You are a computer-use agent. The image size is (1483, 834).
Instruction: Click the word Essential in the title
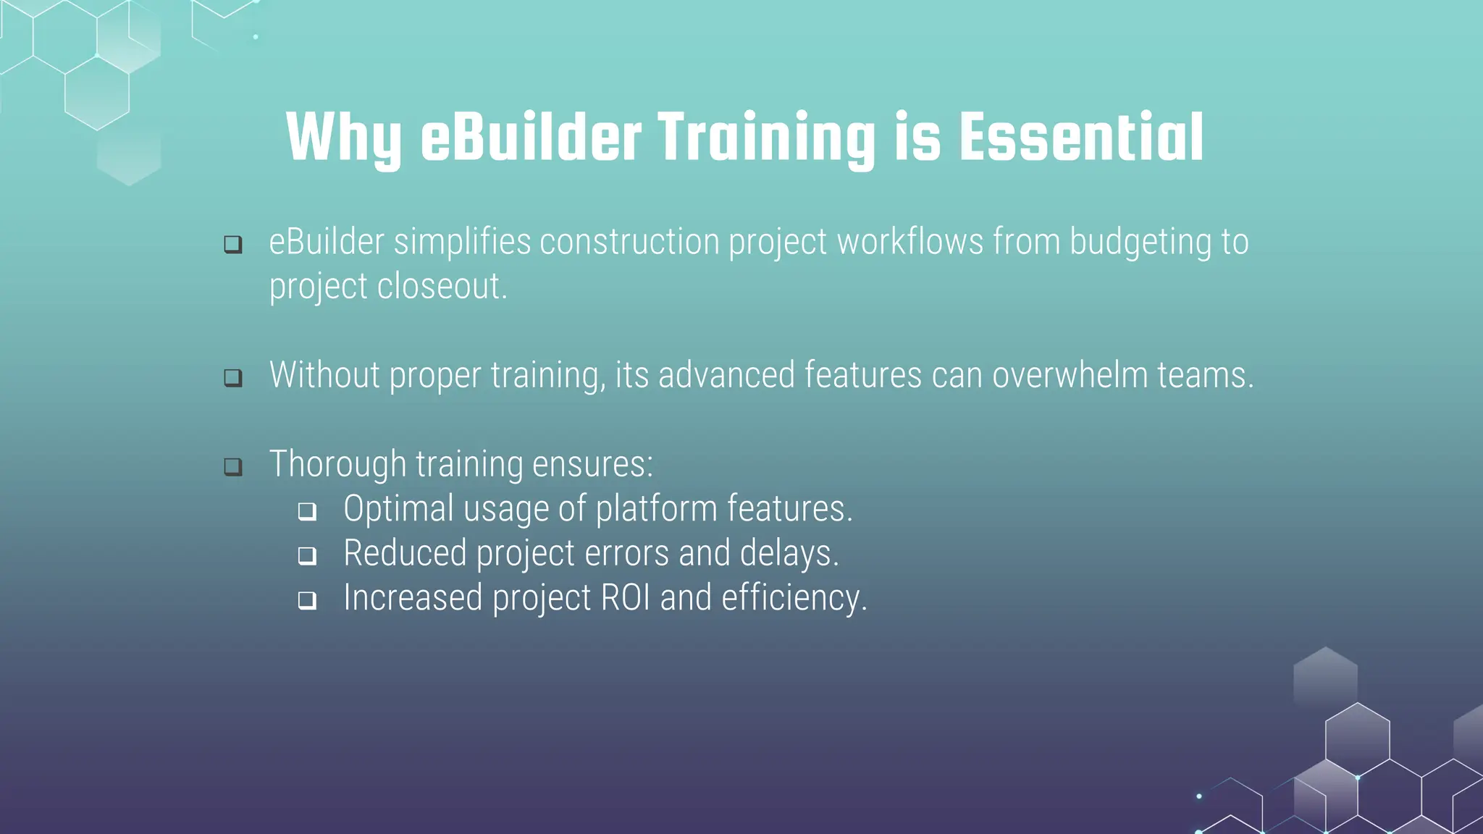click(x=1081, y=138)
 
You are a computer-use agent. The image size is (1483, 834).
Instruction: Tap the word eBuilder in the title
click(x=531, y=138)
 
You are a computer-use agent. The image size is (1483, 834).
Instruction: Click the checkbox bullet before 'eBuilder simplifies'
click(x=233, y=244)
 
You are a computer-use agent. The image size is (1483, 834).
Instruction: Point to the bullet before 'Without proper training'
click(x=233, y=377)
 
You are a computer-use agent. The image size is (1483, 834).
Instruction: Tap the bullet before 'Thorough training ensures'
click(x=233, y=466)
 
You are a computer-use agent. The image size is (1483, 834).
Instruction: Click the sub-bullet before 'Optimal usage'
click(x=307, y=511)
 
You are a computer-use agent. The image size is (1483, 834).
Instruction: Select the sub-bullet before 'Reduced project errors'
click(x=307, y=555)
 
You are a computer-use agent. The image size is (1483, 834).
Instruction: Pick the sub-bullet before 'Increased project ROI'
click(x=307, y=600)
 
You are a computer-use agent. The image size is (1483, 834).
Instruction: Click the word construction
click(x=629, y=242)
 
